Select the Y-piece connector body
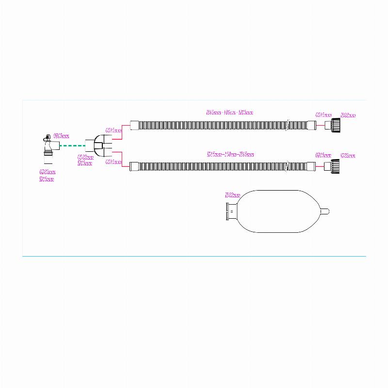pyautogui.click(x=98, y=145)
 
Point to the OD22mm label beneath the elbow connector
pyautogui.click(x=47, y=172)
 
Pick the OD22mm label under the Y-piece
pyautogui.click(x=85, y=158)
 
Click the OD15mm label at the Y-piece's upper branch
pyautogui.click(x=113, y=130)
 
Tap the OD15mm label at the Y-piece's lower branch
pyautogui.click(x=113, y=162)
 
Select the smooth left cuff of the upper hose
pyautogui.click(x=135, y=126)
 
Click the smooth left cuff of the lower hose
pyautogui.click(x=135, y=167)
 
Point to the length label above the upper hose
pyautogui.click(x=230, y=113)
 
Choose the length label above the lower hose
pyautogui.click(x=230, y=155)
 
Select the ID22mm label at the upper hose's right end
pyautogui.click(x=348, y=115)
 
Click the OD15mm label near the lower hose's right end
pyautogui.click(x=323, y=156)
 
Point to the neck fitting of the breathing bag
pyautogui.click(x=232, y=212)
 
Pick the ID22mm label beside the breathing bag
pyautogui.click(x=233, y=195)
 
